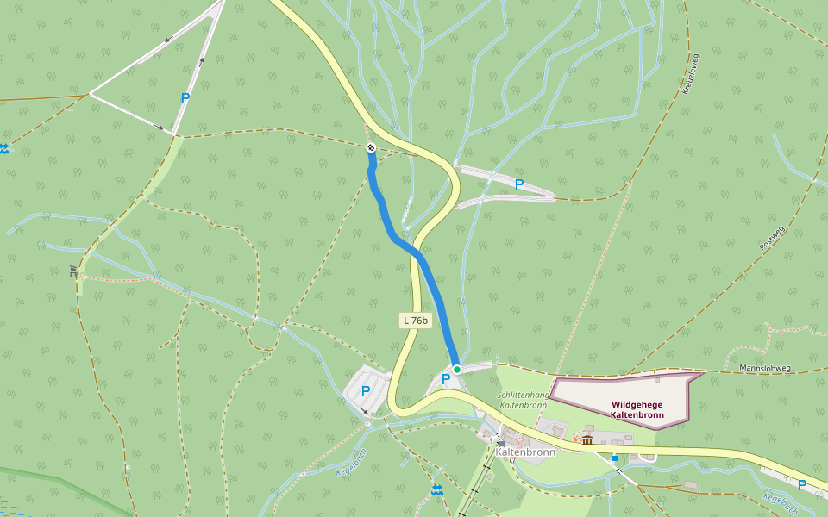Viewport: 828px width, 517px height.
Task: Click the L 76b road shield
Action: coord(416,321)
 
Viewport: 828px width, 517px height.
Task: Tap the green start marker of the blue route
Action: coord(457,369)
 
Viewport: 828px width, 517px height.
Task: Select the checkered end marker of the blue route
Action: coord(371,148)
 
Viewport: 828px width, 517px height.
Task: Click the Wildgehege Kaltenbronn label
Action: coord(637,409)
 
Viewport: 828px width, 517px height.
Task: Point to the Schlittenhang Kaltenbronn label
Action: coord(524,400)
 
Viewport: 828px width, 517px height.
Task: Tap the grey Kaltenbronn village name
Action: coord(525,452)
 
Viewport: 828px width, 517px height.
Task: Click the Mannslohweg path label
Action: coord(765,368)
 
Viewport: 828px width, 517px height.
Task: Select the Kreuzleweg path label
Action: coord(690,73)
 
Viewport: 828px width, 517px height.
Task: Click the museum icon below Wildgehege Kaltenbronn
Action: coord(587,440)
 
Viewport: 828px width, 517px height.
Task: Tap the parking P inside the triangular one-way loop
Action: coord(185,98)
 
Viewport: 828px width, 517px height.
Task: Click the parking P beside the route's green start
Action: coord(446,379)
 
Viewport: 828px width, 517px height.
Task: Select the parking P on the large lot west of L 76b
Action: coord(366,391)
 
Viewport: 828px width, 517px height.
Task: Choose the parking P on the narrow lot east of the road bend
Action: coord(518,184)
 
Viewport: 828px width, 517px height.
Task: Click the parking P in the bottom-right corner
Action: coord(802,485)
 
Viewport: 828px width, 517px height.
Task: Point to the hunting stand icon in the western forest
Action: coord(74,271)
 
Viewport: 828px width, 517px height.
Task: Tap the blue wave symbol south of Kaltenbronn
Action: coord(437,490)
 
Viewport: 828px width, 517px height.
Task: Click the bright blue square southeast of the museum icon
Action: coord(614,458)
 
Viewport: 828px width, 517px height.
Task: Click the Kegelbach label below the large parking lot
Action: coord(351,463)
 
